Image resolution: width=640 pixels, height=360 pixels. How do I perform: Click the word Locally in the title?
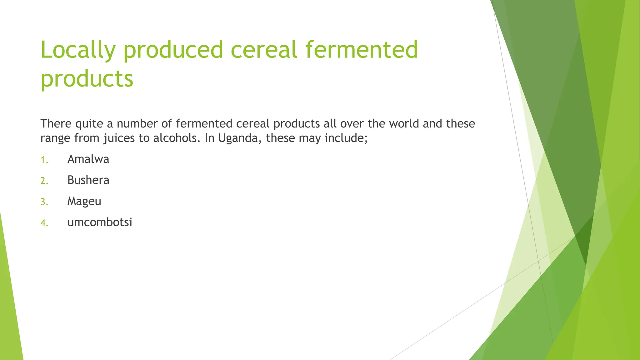(x=78, y=50)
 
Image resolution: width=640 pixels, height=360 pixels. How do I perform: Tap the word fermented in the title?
(x=361, y=50)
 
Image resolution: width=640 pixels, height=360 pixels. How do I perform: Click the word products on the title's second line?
(x=87, y=79)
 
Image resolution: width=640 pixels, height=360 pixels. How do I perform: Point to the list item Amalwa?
(x=88, y=159)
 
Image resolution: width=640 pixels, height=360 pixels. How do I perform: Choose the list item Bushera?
(x=88, y=180)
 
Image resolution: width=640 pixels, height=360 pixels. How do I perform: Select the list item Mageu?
(x=84, y=202)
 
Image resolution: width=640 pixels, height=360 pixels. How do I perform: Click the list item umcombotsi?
(x=100, y=222)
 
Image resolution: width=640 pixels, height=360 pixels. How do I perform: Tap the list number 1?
(x=44, y=160)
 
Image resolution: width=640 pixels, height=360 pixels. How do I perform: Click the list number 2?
(x=44, y=181)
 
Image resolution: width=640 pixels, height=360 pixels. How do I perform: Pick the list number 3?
(x=44, y=202)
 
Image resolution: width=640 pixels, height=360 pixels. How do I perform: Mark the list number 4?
(x=44, y=223)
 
